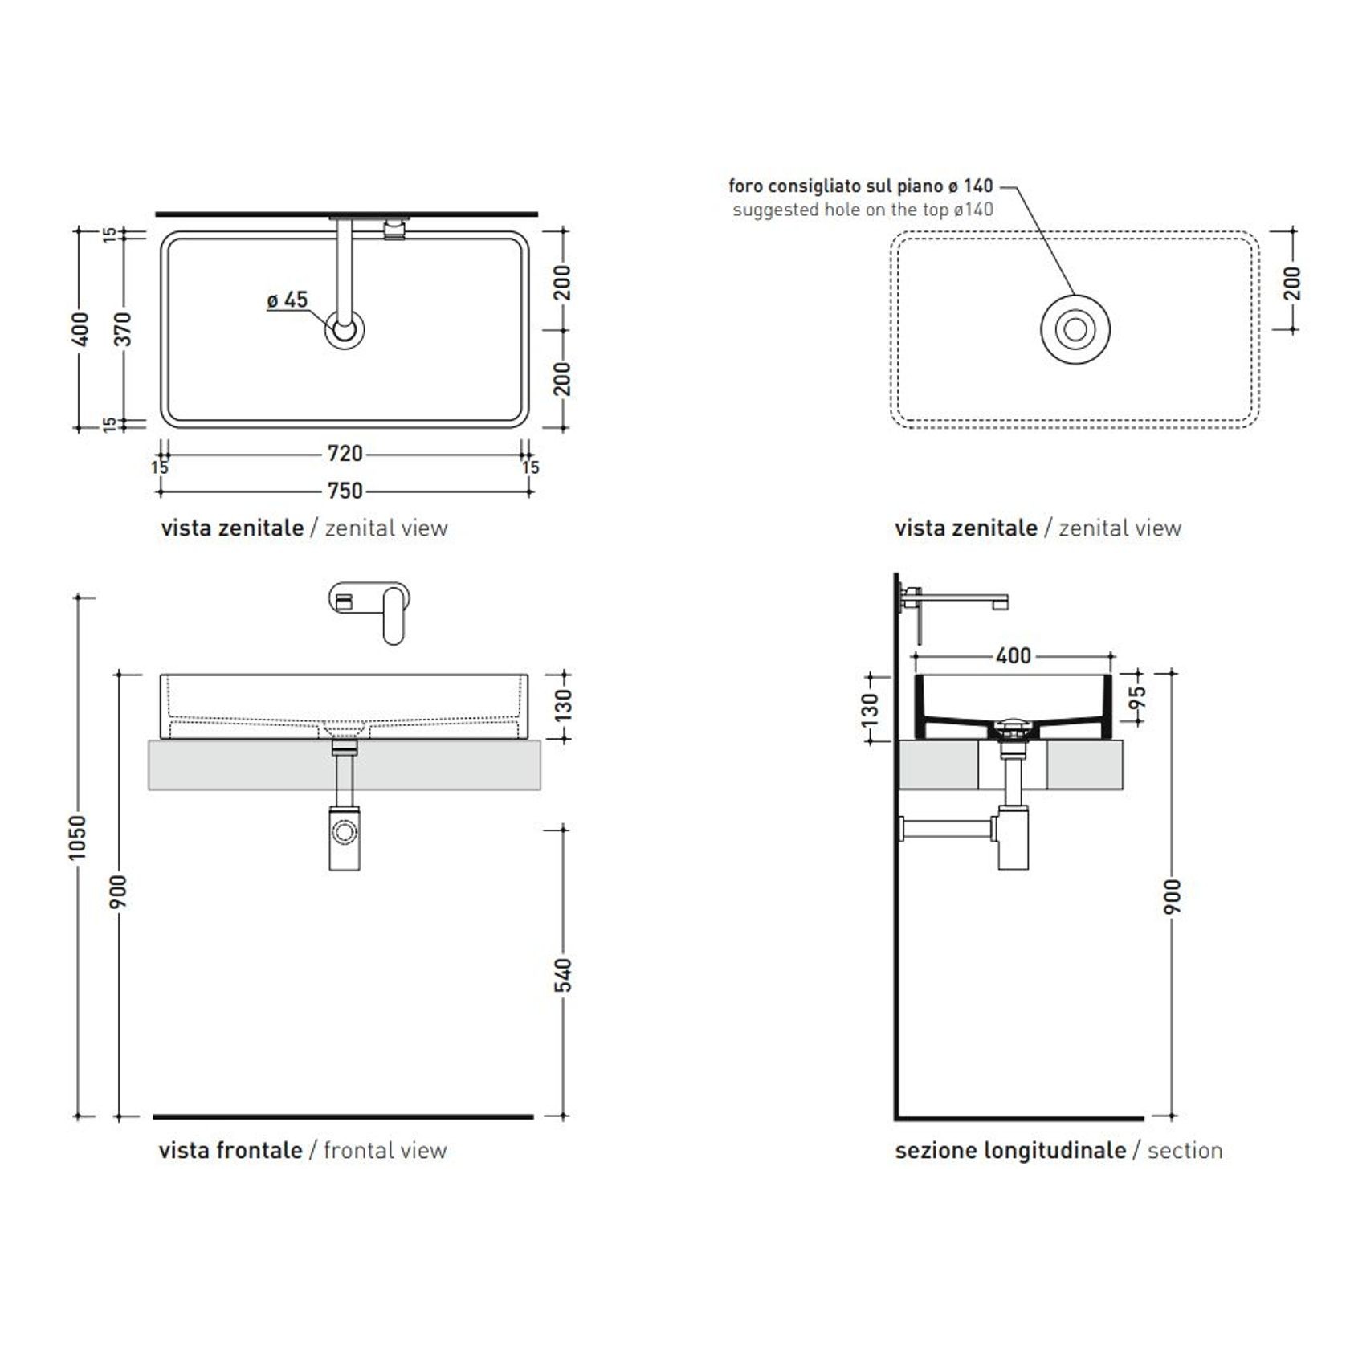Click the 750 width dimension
(x=345, y=491)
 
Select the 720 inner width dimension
(x=345, y=454)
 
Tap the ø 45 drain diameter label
(x=288, y=300)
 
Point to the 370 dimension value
(x=122, y=329)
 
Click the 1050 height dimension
(x=76, y=838)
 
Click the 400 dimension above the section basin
(x=1014, y=656)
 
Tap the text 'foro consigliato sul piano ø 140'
(x=861, y=186)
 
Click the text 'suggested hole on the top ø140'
(x=863, y=210)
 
